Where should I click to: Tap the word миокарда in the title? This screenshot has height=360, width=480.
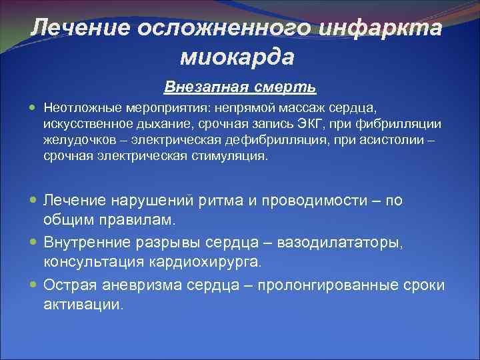coord(237,57)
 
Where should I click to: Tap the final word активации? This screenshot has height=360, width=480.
coord(83,305)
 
